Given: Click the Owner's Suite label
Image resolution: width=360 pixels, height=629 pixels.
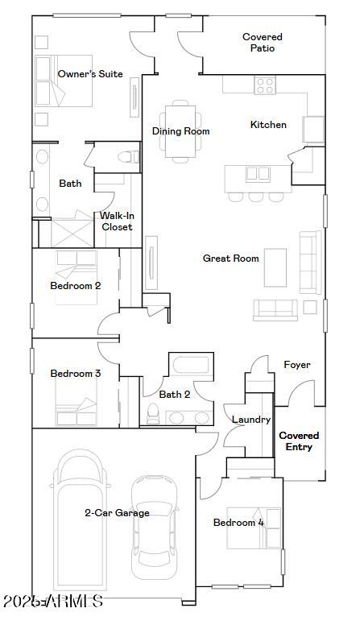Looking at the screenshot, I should (x=90, y=74).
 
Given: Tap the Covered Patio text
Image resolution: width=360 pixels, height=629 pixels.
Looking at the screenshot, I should (x=263, y=43).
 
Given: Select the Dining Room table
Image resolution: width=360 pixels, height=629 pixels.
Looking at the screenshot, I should (x=180, y=130).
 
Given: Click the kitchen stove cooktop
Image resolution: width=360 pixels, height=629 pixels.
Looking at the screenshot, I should (x=265, y=85).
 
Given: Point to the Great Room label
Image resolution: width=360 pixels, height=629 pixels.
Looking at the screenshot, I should (x=230, y=259).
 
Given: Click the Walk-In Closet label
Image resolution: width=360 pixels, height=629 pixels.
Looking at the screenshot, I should (x=117, y=221).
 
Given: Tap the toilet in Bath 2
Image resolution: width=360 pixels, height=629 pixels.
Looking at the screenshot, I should (x=152, y=413).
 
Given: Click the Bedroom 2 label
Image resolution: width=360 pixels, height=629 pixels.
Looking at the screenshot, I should (x=75, y=285).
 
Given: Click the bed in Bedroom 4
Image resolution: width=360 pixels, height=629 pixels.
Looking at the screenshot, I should (x=254, y=528).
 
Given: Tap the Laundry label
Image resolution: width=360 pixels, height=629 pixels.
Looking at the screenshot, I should (x=250, y=420).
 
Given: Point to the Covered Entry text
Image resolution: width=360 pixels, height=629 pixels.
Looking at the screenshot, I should (x=299, y=441).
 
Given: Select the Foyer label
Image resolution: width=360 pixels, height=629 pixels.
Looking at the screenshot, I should (x=297, y=365).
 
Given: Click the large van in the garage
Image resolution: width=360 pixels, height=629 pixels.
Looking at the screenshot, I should (x=81, y=519).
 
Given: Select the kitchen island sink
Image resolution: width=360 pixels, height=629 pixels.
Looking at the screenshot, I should (x=258, y=173).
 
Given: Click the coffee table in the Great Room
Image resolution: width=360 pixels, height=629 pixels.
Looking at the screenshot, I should (x=275, y=267).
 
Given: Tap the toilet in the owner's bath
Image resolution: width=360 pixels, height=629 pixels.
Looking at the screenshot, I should (x=127, y=157).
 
